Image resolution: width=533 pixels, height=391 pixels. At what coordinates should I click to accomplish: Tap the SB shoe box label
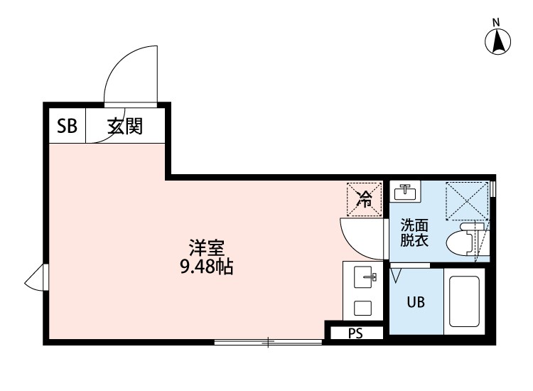point(67,127)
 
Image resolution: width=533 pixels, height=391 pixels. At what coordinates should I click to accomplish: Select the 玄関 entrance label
point(125,127)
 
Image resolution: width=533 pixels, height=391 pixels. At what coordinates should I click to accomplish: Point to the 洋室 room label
point(206,249)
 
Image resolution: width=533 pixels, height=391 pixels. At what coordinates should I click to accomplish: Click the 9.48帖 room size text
point(208,268)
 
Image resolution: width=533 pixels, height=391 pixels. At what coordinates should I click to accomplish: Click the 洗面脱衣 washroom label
point(414,232)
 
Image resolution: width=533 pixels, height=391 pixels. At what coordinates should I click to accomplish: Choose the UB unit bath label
point(416,302)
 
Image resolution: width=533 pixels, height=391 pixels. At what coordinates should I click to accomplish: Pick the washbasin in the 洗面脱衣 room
point(406,191)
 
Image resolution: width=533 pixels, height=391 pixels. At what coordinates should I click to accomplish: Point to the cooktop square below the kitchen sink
point(362,309)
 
